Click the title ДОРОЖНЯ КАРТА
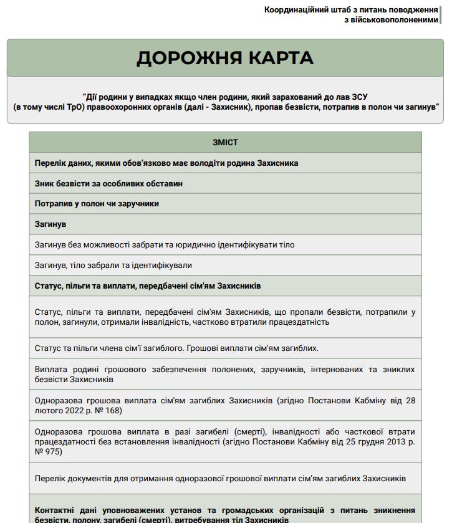[x=225, y=58]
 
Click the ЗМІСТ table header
[x=225, y=142]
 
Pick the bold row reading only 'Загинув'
[x=50, y=224]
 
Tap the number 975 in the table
[x=52, y=451]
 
